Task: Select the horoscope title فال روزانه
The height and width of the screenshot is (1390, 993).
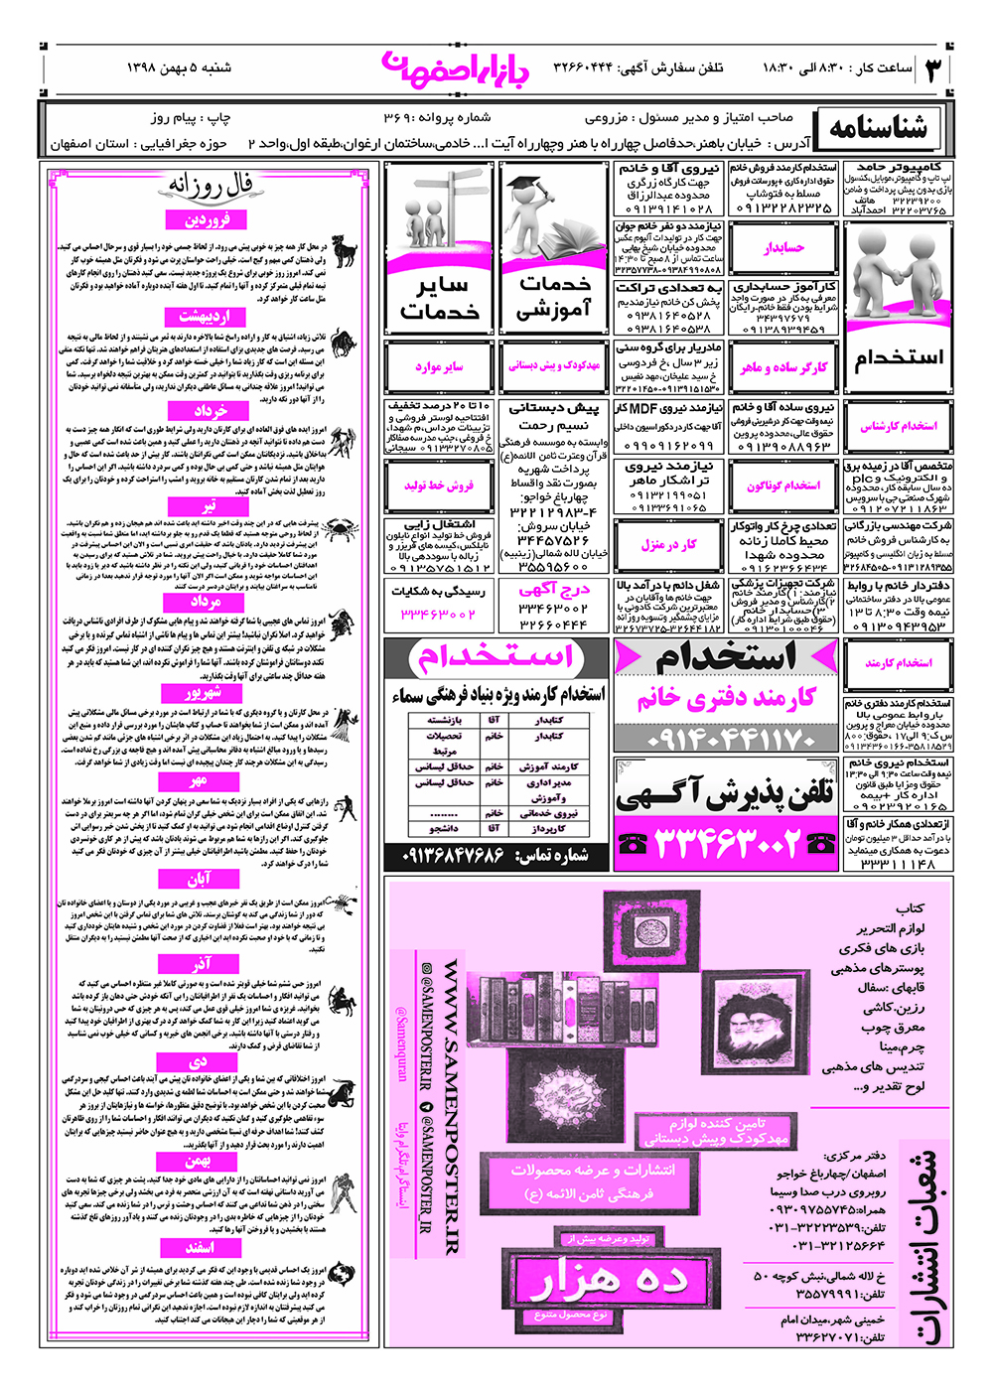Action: click(211, 186)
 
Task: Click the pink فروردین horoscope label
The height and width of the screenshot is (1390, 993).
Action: click(207, 220)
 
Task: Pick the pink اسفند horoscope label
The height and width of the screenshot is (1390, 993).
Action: click(199, 1247)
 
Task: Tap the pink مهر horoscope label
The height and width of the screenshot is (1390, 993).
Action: click(199, 782)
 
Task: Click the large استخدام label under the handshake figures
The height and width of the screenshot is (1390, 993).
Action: click(899, 357)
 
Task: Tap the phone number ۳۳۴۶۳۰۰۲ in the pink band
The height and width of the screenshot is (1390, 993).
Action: click(726, 844)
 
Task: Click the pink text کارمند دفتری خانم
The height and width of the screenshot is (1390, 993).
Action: click(726, 699)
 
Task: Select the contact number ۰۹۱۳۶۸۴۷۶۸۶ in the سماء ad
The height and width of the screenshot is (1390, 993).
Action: click(453, 855)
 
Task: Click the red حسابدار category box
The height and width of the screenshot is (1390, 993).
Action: click(784, 248)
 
